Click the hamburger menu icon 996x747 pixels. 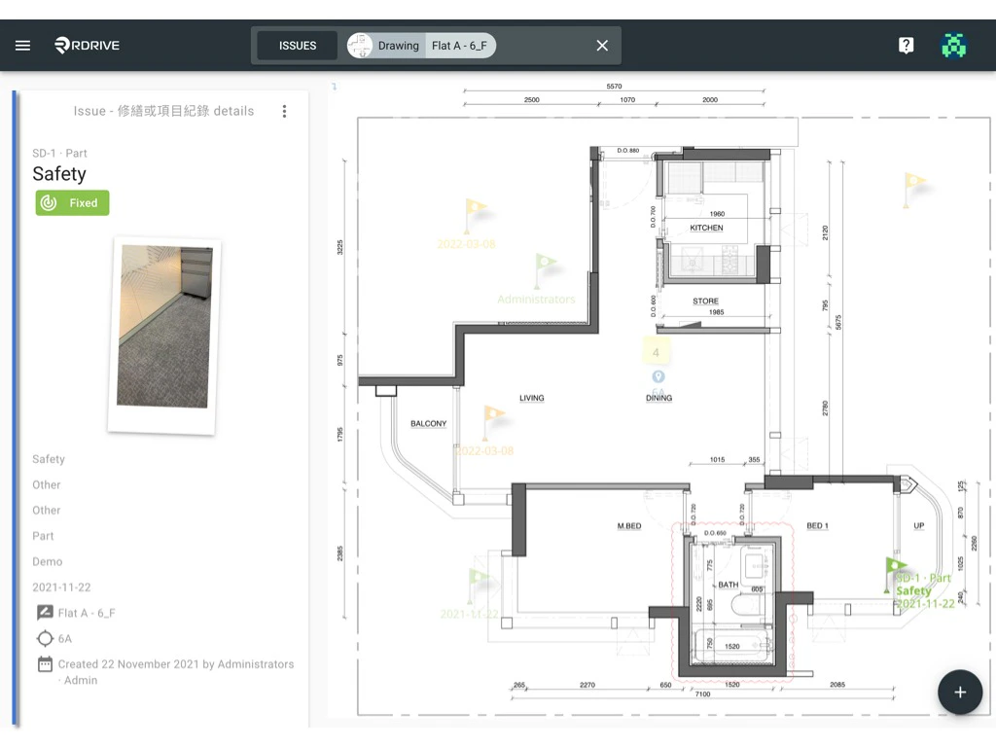point(23,46)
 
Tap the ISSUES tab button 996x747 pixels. point(298,46)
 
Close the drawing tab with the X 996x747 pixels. point(602,46)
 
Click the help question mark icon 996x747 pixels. point(906,46)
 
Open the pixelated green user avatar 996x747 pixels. point(954,46)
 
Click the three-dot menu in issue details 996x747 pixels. point(284,111)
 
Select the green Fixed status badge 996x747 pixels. point(73,203)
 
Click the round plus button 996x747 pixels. point(959,692)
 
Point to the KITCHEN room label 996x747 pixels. point(707,228)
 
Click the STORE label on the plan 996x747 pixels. point(706,302)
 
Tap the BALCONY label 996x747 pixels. point(429,424)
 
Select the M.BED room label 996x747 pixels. point(629,526)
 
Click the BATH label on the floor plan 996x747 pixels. point(728,585)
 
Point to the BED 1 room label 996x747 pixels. point(817,526)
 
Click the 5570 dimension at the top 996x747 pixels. point(614,87)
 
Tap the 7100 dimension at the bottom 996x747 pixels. point(702,694)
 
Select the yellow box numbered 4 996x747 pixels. point(657,352)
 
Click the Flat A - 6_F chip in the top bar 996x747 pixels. point(459,46)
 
